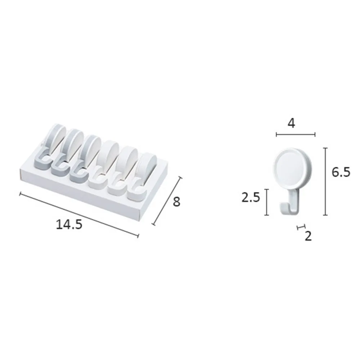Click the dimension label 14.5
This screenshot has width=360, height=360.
[x=69, y=224]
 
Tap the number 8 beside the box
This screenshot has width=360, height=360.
[x=176, y=202]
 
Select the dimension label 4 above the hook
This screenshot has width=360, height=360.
[x=291, y=123]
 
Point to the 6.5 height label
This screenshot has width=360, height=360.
[x=341, y=172]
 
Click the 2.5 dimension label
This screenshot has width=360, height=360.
[x=251, y=197]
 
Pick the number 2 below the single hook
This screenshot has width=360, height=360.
[x=308, y=236]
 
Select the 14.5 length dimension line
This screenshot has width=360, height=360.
[x=79, y=215]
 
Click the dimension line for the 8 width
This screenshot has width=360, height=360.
[x=167, y=201]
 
